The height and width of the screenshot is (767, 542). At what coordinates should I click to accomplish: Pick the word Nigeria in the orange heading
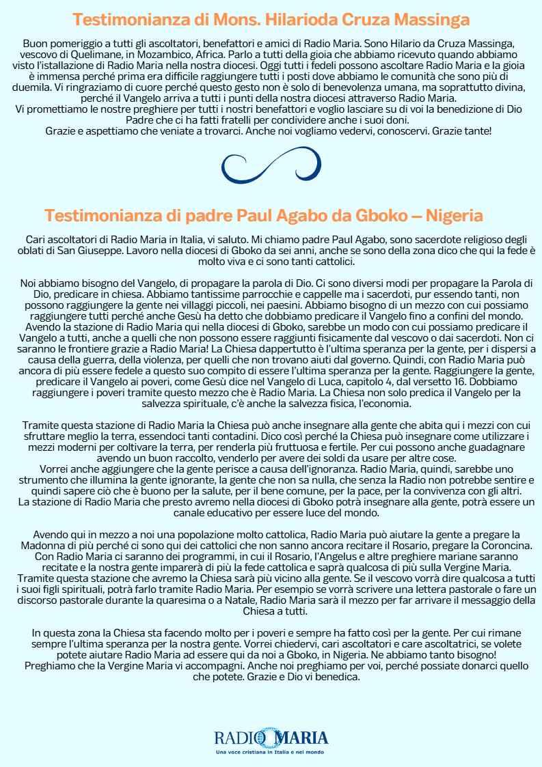454,215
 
